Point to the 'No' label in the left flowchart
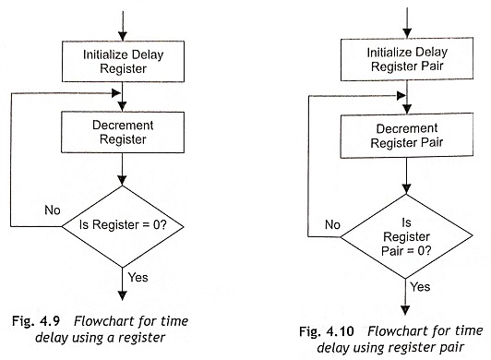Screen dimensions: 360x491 (52, 210)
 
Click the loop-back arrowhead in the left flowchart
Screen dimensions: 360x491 (117, 92)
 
